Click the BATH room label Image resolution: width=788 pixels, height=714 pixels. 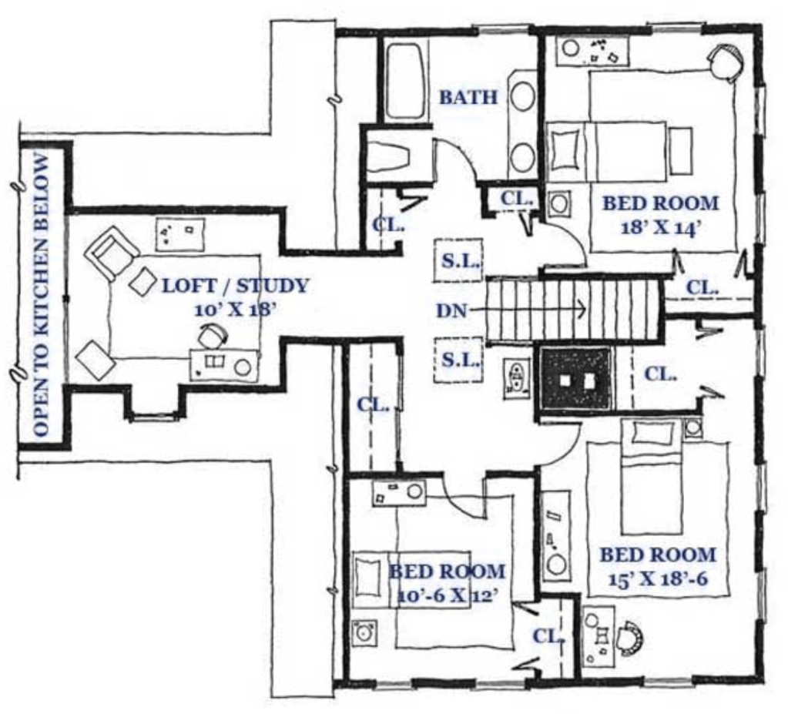(x=468, y=96)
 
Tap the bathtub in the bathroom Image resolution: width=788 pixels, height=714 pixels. (x=407, y=81)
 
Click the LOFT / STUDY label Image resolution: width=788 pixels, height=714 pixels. (x=235, y=286)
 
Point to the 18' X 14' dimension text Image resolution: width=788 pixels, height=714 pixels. (x=661, y=228)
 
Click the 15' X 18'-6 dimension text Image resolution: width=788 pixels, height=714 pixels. (x=658, y=579)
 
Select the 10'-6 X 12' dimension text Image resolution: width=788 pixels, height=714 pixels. (x=448, y=596)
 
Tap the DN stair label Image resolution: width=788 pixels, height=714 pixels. (x=451, y=311)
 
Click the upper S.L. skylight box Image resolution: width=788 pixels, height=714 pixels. (x=458, y=260)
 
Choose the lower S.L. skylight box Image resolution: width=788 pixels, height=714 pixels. (x=458, y=360)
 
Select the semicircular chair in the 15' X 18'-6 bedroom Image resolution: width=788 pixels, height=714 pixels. (x=631, y=638)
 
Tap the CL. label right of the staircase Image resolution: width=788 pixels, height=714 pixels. (x=702, y=288)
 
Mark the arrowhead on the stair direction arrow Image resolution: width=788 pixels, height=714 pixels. (x=582, y=308)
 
